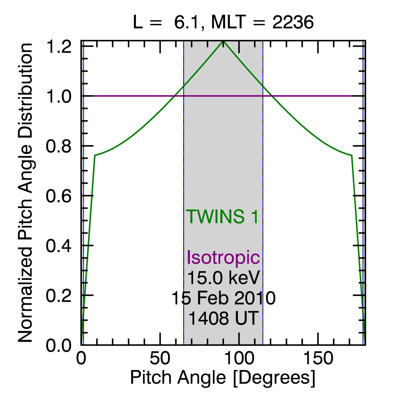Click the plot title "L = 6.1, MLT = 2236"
(x=223, y=22)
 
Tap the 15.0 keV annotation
(x=223, y=278)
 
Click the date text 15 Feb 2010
(x=223, y=298)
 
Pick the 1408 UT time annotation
(x=223, y=318)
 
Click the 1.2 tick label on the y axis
(x=59, y=47)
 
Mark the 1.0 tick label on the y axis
(x=59, y=97)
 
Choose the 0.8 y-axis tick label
(x=59, y=147)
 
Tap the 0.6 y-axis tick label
(x=59, y=196)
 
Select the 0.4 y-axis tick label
(x=59, y=246)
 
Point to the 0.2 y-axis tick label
(x=59, y=296)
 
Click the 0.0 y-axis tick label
(x=59, y=346)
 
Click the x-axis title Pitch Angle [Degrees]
(x=222, y=378)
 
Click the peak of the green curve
(x=223, y=41)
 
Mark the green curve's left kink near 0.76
(x=95, y=155)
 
